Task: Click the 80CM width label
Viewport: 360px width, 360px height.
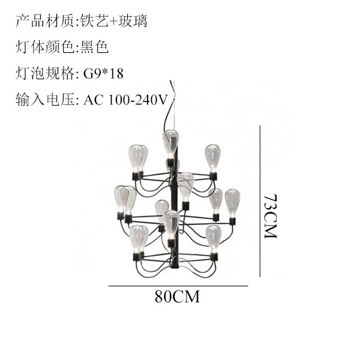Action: click(177, 296)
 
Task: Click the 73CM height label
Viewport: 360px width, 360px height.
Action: click(271, 217)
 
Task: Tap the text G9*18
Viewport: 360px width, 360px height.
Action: click(103, 73)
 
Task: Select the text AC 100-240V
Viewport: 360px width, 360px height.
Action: click(125, 100)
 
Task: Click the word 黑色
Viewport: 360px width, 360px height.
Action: click(95, 47)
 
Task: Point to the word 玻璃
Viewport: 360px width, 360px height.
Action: click(133, 21)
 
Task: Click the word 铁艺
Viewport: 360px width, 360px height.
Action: click(94, 21)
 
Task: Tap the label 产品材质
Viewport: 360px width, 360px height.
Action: click(45, 21)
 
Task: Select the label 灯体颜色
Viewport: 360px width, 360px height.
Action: click(45, 47)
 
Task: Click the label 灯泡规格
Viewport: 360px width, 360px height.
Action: click(45, 73)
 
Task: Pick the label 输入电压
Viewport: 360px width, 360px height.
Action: click(45, 100)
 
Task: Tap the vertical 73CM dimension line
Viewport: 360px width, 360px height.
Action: click(260, 201)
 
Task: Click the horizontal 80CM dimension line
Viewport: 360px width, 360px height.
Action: click(178, 286)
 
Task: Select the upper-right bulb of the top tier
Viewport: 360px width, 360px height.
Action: click(212, 157)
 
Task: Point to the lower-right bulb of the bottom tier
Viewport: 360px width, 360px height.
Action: click(213, 238)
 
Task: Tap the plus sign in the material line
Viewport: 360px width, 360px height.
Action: click(113, 22)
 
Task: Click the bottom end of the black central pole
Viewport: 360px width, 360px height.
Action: click(174, 268)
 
